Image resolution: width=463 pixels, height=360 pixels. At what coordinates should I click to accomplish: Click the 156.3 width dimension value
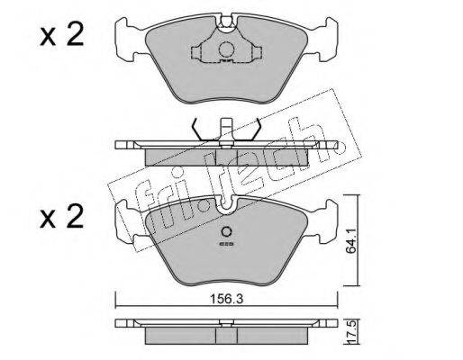point(226,299)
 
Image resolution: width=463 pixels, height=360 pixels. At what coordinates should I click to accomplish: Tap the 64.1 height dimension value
point(350,240)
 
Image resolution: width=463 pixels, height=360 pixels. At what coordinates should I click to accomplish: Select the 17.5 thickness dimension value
point(352,332)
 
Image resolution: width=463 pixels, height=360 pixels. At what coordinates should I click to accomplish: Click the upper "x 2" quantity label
point(61,35)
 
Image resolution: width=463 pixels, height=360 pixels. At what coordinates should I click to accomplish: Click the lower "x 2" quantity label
point(61,217)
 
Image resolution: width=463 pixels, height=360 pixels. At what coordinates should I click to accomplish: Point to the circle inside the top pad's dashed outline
point(226,49)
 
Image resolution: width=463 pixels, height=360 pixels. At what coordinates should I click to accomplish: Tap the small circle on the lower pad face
point(226,232)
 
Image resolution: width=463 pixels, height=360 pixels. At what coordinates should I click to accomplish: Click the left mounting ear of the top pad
point(128,40)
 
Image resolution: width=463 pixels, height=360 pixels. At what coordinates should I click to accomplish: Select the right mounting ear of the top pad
point(325,40)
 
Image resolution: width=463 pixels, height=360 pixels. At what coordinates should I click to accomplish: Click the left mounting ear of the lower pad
point(128,222)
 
